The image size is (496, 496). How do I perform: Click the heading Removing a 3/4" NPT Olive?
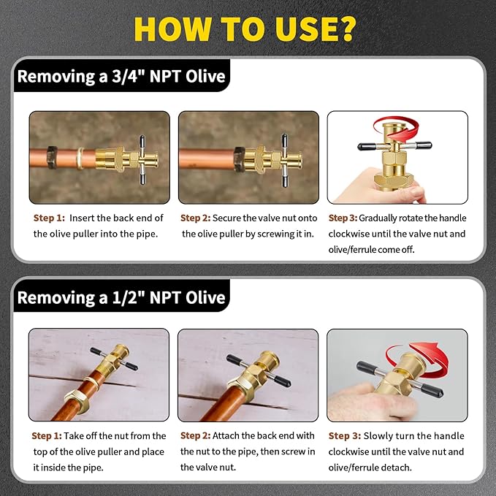(x=121, y=76)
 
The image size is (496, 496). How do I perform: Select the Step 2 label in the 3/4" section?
(x=196, y=218)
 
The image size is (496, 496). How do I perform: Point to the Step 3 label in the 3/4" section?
(x=343, y=218)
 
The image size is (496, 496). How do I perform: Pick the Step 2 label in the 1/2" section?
(x=196, y=435)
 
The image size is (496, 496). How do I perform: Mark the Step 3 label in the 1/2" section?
(x=343, y=435)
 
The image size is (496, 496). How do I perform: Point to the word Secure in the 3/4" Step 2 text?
(x=230, y=218)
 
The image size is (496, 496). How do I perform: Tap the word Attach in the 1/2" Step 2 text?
(x=229, y=435)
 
